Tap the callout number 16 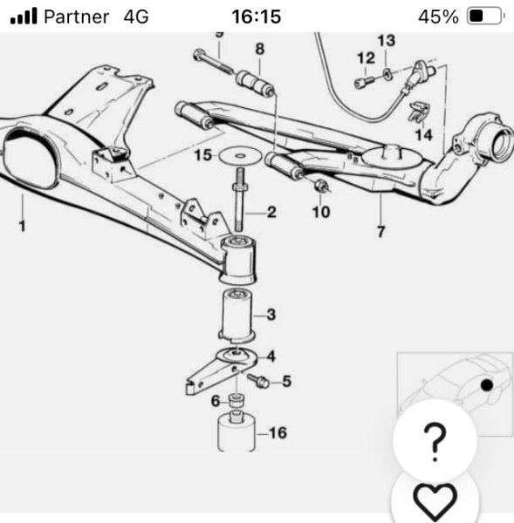278,433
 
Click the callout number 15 202,155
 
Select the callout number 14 423,135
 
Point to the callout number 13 387,40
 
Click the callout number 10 321,212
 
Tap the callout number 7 380,232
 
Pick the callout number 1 22,226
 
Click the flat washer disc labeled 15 240,156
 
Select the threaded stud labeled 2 240,200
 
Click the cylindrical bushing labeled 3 236,316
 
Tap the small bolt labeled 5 258,381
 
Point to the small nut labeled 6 236,400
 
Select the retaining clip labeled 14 419,112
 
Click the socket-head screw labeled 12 364,82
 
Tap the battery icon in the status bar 485,16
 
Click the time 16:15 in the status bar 257,17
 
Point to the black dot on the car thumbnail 487,385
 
